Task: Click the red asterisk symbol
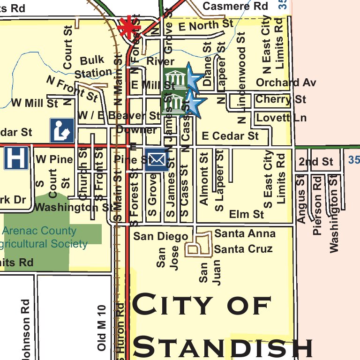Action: [126, 28]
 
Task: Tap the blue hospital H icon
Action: [16, 158]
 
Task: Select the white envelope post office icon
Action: [157, 160]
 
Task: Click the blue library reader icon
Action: [62, 130]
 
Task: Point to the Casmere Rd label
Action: [235, 6]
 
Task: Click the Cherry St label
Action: [280, 99]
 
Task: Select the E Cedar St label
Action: [230, 136]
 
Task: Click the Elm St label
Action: [247, 215]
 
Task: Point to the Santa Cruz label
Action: [243, 249]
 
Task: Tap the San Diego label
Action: [160, 236]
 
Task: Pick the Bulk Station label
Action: [93, 67]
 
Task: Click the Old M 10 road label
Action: [102, 328]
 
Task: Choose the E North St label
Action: [205, 25]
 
